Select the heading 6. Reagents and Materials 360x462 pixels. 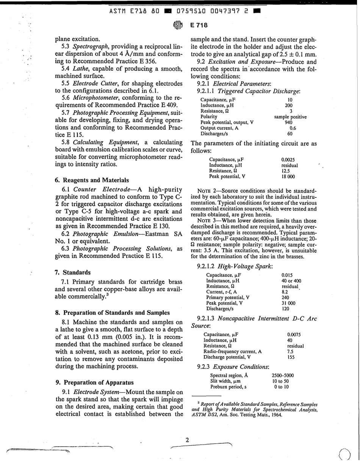click(x=92, y=180)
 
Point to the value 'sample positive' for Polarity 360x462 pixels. click(x=290, y=117)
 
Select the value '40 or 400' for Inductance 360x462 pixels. click(x=291, y=280)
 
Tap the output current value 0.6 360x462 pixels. click(x=290, y=128)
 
